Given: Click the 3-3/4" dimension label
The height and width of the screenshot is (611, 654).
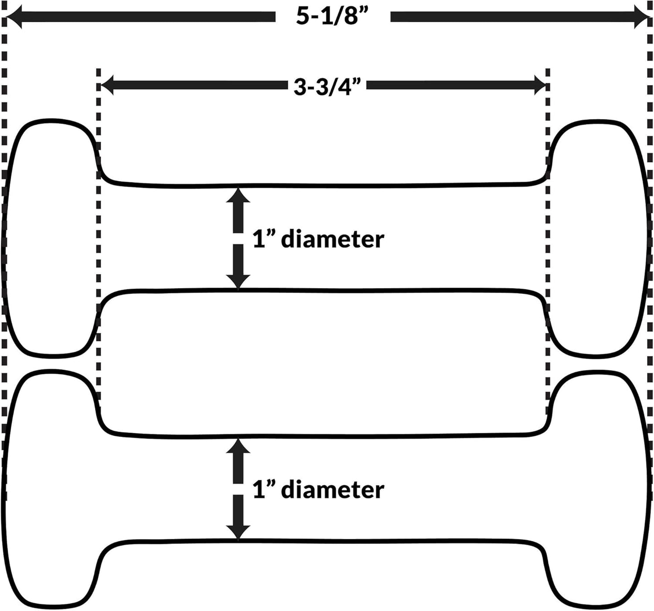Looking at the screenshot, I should point(329,86).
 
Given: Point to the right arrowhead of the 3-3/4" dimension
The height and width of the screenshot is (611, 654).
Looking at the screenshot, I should point(540,85).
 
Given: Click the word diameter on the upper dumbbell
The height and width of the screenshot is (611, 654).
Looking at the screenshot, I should point(332,239).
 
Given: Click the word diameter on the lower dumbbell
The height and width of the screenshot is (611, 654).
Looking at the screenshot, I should point(332,490).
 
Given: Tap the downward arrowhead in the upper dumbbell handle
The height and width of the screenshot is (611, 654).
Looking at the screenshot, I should point(238,280).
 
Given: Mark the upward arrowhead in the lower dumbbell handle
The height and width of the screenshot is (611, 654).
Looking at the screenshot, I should point(238,447).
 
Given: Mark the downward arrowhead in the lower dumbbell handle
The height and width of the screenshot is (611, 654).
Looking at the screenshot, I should point(238,532).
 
